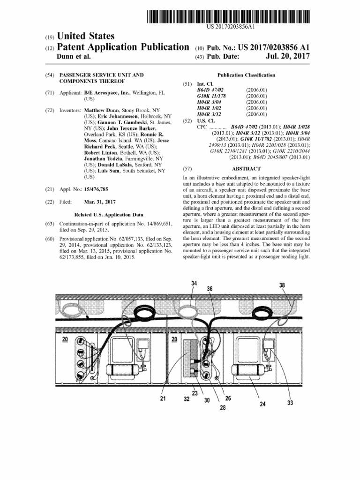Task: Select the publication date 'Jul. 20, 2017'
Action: coord(288,57)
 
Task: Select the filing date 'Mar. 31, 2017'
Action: coord(99,202)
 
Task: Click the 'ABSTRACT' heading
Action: coord(246,168)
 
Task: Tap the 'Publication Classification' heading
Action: coord(246,75)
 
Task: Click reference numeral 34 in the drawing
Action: coord(194,283)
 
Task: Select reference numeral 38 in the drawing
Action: coord(282,285)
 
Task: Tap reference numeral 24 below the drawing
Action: coord(262,404)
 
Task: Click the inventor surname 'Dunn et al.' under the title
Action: coord(74,57)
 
